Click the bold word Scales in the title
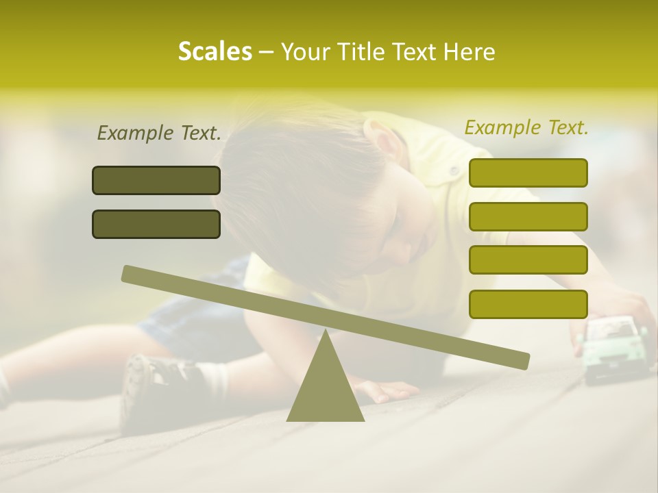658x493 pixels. (x=215, y=51)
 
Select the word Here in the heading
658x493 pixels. (x=469, y=52)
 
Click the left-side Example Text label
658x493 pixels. (x=159, y=133)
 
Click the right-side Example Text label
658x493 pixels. (x=526, y=127)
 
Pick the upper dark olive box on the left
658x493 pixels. (x=156, y=180)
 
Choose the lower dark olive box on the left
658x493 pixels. (x=156, y=224)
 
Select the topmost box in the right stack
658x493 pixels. (x=528, y=173)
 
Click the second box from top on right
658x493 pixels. (x=528, y=216)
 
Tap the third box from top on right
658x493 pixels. (x=528, y=260)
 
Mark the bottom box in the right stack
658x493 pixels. (x=528, y=304)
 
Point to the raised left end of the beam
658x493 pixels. (x=130, y=273)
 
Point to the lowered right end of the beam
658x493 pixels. (x=521, y=360)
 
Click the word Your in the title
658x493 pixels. (x=306, y=52)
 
